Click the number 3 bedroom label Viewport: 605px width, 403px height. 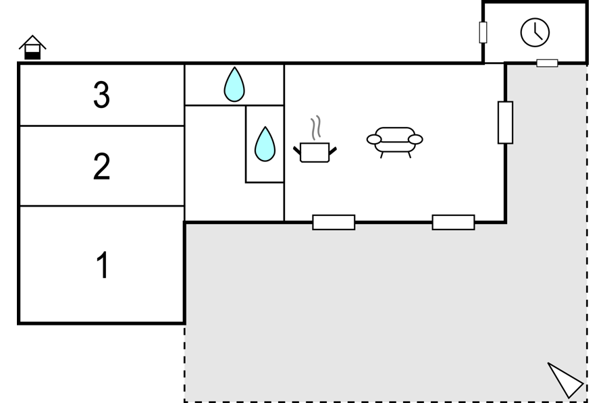point(101,95)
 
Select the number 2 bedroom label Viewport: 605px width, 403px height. point(101,166)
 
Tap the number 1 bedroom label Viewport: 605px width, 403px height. point(103,265)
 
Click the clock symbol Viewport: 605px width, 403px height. point(535,32)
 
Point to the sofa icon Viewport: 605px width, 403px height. point(395,142)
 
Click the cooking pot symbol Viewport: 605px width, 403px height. point(315,153)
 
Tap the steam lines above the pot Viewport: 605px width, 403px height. point(316,128)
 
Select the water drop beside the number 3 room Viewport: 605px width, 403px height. point(234,84)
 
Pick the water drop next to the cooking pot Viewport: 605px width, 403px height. point(265,144)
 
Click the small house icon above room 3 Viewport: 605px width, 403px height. point(32,47)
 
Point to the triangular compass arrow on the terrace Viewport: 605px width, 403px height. point(565,379)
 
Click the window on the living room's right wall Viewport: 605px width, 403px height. point(506,123)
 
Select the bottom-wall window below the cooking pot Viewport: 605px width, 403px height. point(334,223)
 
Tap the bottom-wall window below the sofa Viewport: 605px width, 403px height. point(453,223)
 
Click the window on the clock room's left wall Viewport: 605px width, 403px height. point(483,32)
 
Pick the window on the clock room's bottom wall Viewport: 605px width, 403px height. point(547,63)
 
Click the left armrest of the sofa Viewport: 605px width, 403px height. point(374,139)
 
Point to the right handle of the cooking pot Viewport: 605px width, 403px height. point(333,151)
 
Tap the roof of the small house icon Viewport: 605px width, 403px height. point(32,42)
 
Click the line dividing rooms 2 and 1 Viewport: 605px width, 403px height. point(102,206)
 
